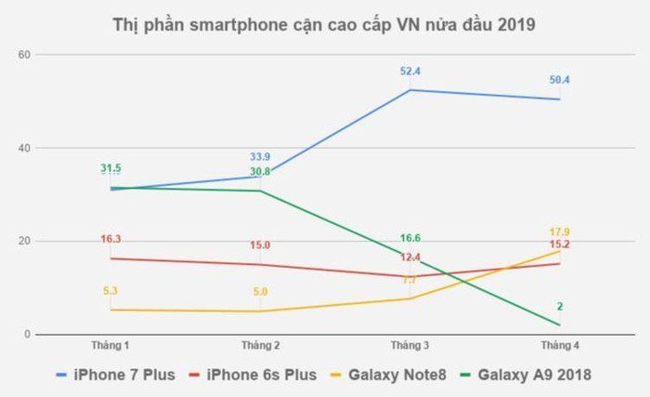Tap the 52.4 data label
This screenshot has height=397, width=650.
point(409,70)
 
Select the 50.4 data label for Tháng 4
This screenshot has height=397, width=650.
point(559,80)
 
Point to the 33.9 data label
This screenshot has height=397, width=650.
point(260,156)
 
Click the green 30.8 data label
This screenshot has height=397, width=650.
point(260,171)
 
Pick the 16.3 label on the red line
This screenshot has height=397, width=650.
point(110,239)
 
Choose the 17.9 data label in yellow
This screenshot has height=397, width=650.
point(559,232)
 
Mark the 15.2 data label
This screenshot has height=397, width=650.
point(559,245)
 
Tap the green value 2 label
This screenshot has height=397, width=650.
point(560,307)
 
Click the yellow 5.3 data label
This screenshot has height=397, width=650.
point(110,291)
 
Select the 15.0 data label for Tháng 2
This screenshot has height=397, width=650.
point(260,245)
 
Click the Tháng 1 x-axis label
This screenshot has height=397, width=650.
point(110,346)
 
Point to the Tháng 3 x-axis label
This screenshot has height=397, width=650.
point(409,346)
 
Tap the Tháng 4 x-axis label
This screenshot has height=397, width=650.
point(559,346)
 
